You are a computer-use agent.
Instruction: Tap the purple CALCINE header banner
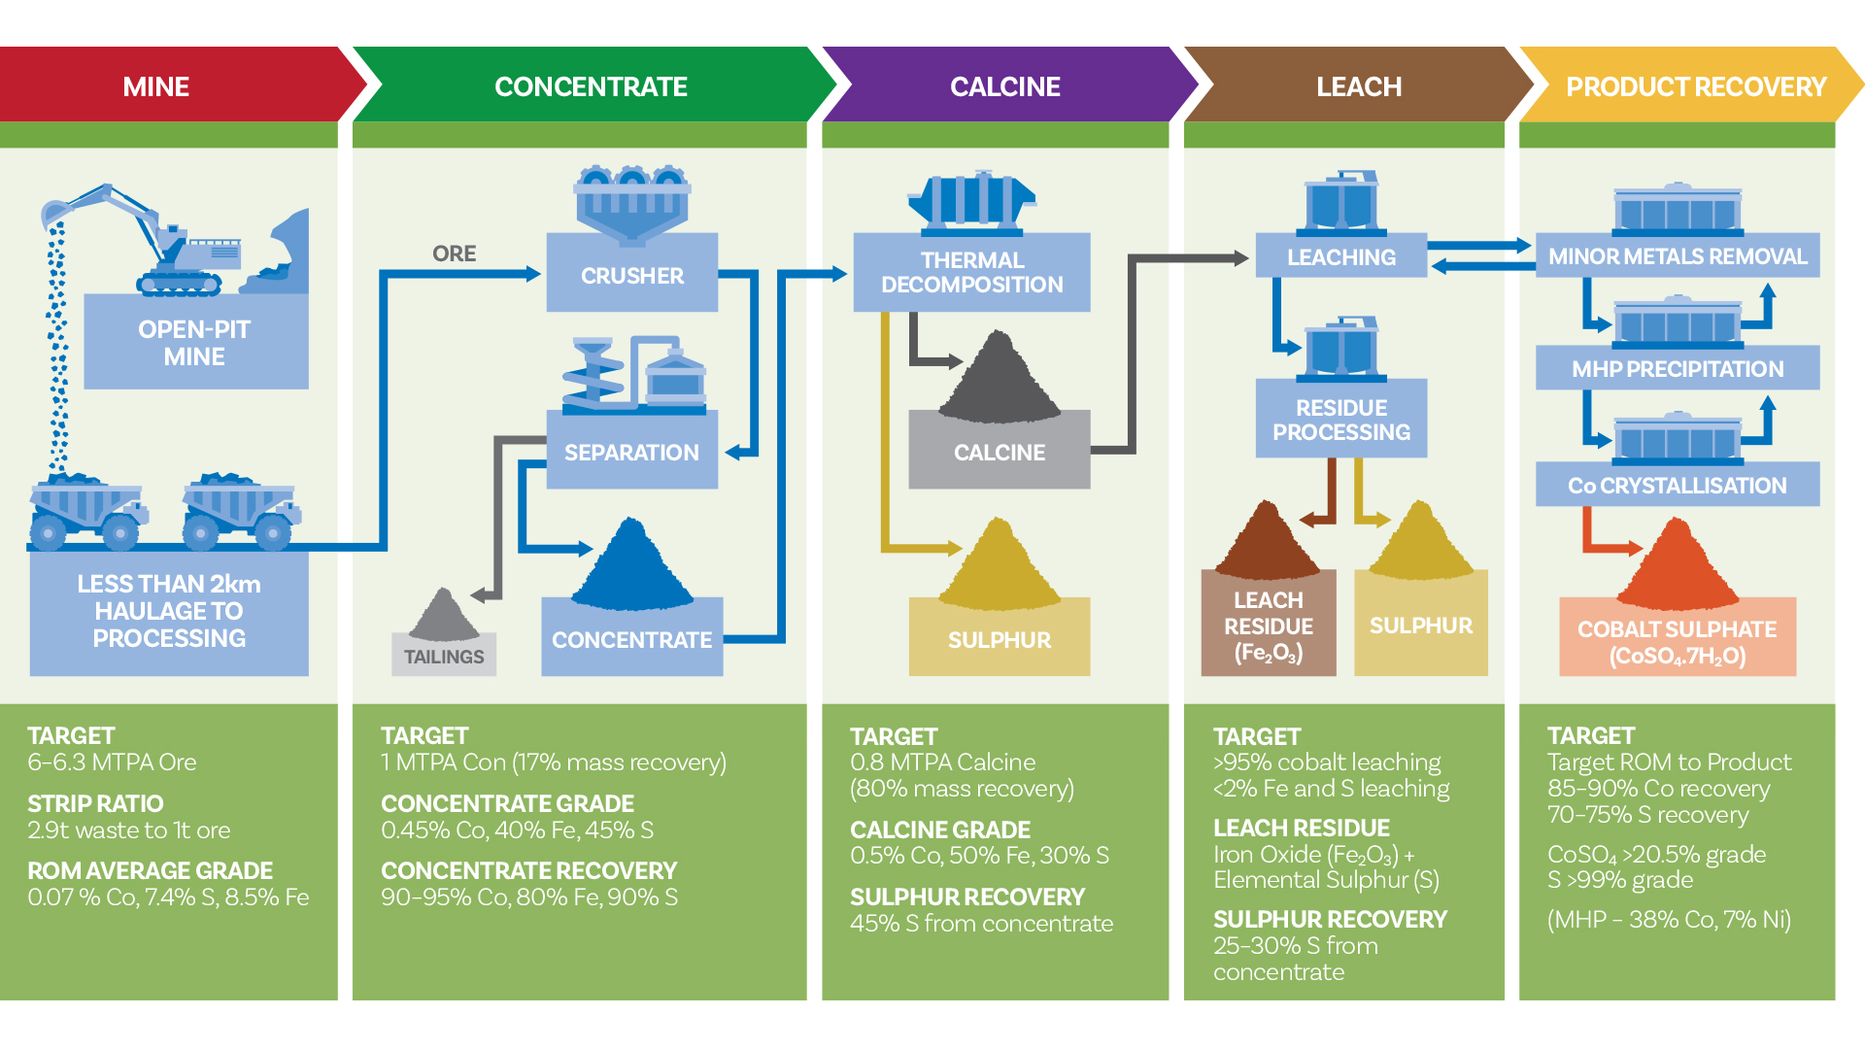coord(1004,86)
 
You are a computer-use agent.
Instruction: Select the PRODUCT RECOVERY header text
coord(1695,87)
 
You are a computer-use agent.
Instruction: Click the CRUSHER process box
coord(631,275)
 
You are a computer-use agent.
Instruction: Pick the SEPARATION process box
coord(631,452)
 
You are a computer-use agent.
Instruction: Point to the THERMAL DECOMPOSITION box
coord(971,272)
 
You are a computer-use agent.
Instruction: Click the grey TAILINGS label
coord(444,656)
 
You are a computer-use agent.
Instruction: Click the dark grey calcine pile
coord(999,381)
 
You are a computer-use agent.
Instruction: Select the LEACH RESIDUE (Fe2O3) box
coord(1268,626)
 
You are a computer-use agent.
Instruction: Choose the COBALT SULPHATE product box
coord(1677,641)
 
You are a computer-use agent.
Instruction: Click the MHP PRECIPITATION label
coord(1677,369)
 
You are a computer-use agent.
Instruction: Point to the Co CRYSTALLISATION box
coord(1677,485)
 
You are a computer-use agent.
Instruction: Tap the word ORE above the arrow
coord(454,254)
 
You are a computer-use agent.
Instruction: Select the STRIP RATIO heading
coord(95,803)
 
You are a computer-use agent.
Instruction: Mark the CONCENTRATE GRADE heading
coord(507,803)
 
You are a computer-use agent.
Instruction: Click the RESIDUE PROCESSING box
coord(1340,420)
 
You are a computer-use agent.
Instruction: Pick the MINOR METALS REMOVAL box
coord(1677,256)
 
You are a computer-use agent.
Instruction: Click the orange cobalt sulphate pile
coord(1677,568)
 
